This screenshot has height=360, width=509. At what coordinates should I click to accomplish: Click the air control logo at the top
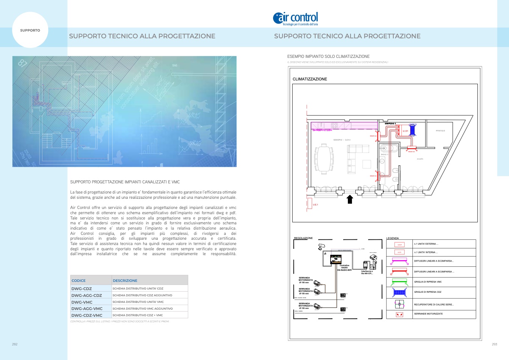pos(296,18)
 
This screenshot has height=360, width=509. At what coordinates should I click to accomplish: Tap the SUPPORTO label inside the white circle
pos(30,30)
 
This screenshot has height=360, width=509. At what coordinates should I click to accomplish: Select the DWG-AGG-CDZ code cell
pos(87,295)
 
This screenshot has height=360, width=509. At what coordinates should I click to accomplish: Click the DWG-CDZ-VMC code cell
pos(87,315)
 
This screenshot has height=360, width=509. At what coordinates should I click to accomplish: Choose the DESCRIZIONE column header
pos(125,281)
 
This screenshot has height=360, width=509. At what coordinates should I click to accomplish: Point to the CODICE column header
pos(79,281)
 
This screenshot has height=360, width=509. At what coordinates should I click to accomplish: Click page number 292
pos(15,344)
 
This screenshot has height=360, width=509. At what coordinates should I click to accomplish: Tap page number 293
pos(494,344)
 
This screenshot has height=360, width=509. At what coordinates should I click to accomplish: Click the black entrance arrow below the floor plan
pos(350,199)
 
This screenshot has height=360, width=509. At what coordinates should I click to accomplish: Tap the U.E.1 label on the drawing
pos(316,205)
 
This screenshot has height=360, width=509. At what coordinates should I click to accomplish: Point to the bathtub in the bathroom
pos(388,148)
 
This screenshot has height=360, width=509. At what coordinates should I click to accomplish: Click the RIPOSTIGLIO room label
pos(440,131)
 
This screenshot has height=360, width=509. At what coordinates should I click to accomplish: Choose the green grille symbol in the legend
pos(399,281)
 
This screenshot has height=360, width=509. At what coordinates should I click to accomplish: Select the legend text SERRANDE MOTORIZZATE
pos(428,314)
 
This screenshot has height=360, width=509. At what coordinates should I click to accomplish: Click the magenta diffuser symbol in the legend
pos(399,261)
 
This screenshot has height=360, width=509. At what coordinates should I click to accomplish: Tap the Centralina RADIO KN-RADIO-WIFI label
pos(344,268)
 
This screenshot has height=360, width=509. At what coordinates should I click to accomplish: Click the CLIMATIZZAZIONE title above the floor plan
pos(310,79)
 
